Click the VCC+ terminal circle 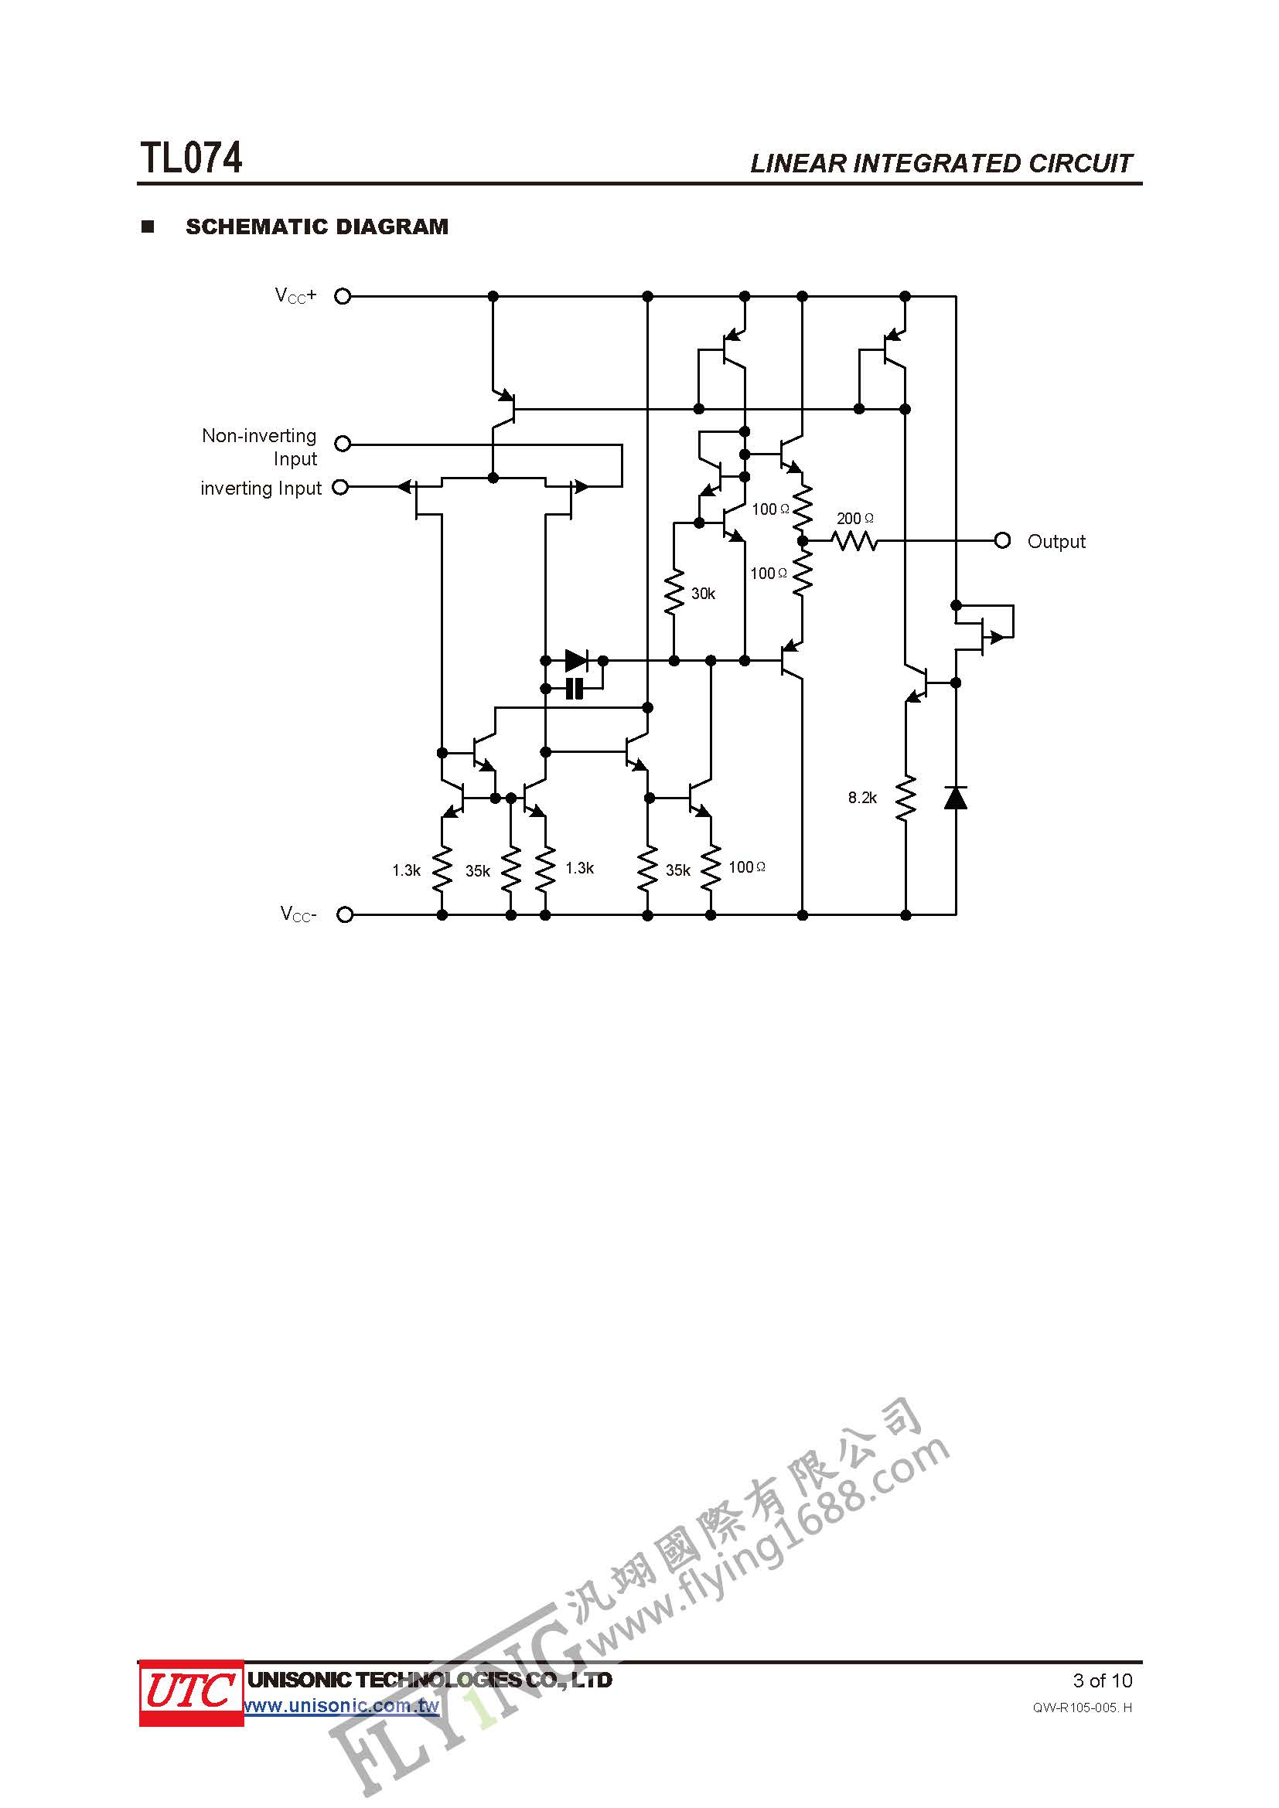click(343, 296)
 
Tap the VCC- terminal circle click(344, 914)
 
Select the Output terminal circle click(1001, 541)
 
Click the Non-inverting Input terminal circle click(343, 444)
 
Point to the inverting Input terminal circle click(340, 488)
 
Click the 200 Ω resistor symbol click(854, 541)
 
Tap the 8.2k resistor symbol click(906, 798)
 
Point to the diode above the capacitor click(577, 661)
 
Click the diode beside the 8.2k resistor click(955, 798)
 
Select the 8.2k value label click(862, 798)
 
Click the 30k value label click(703, 594)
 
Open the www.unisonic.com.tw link click(342, 1707)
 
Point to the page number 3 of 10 click(1103, 1680)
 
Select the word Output click(1056, 542)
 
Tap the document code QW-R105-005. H click(1083, 1708)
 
